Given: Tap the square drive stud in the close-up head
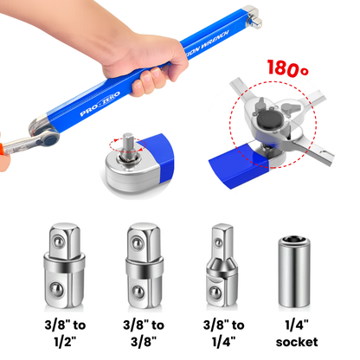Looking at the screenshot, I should pos(126,143).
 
